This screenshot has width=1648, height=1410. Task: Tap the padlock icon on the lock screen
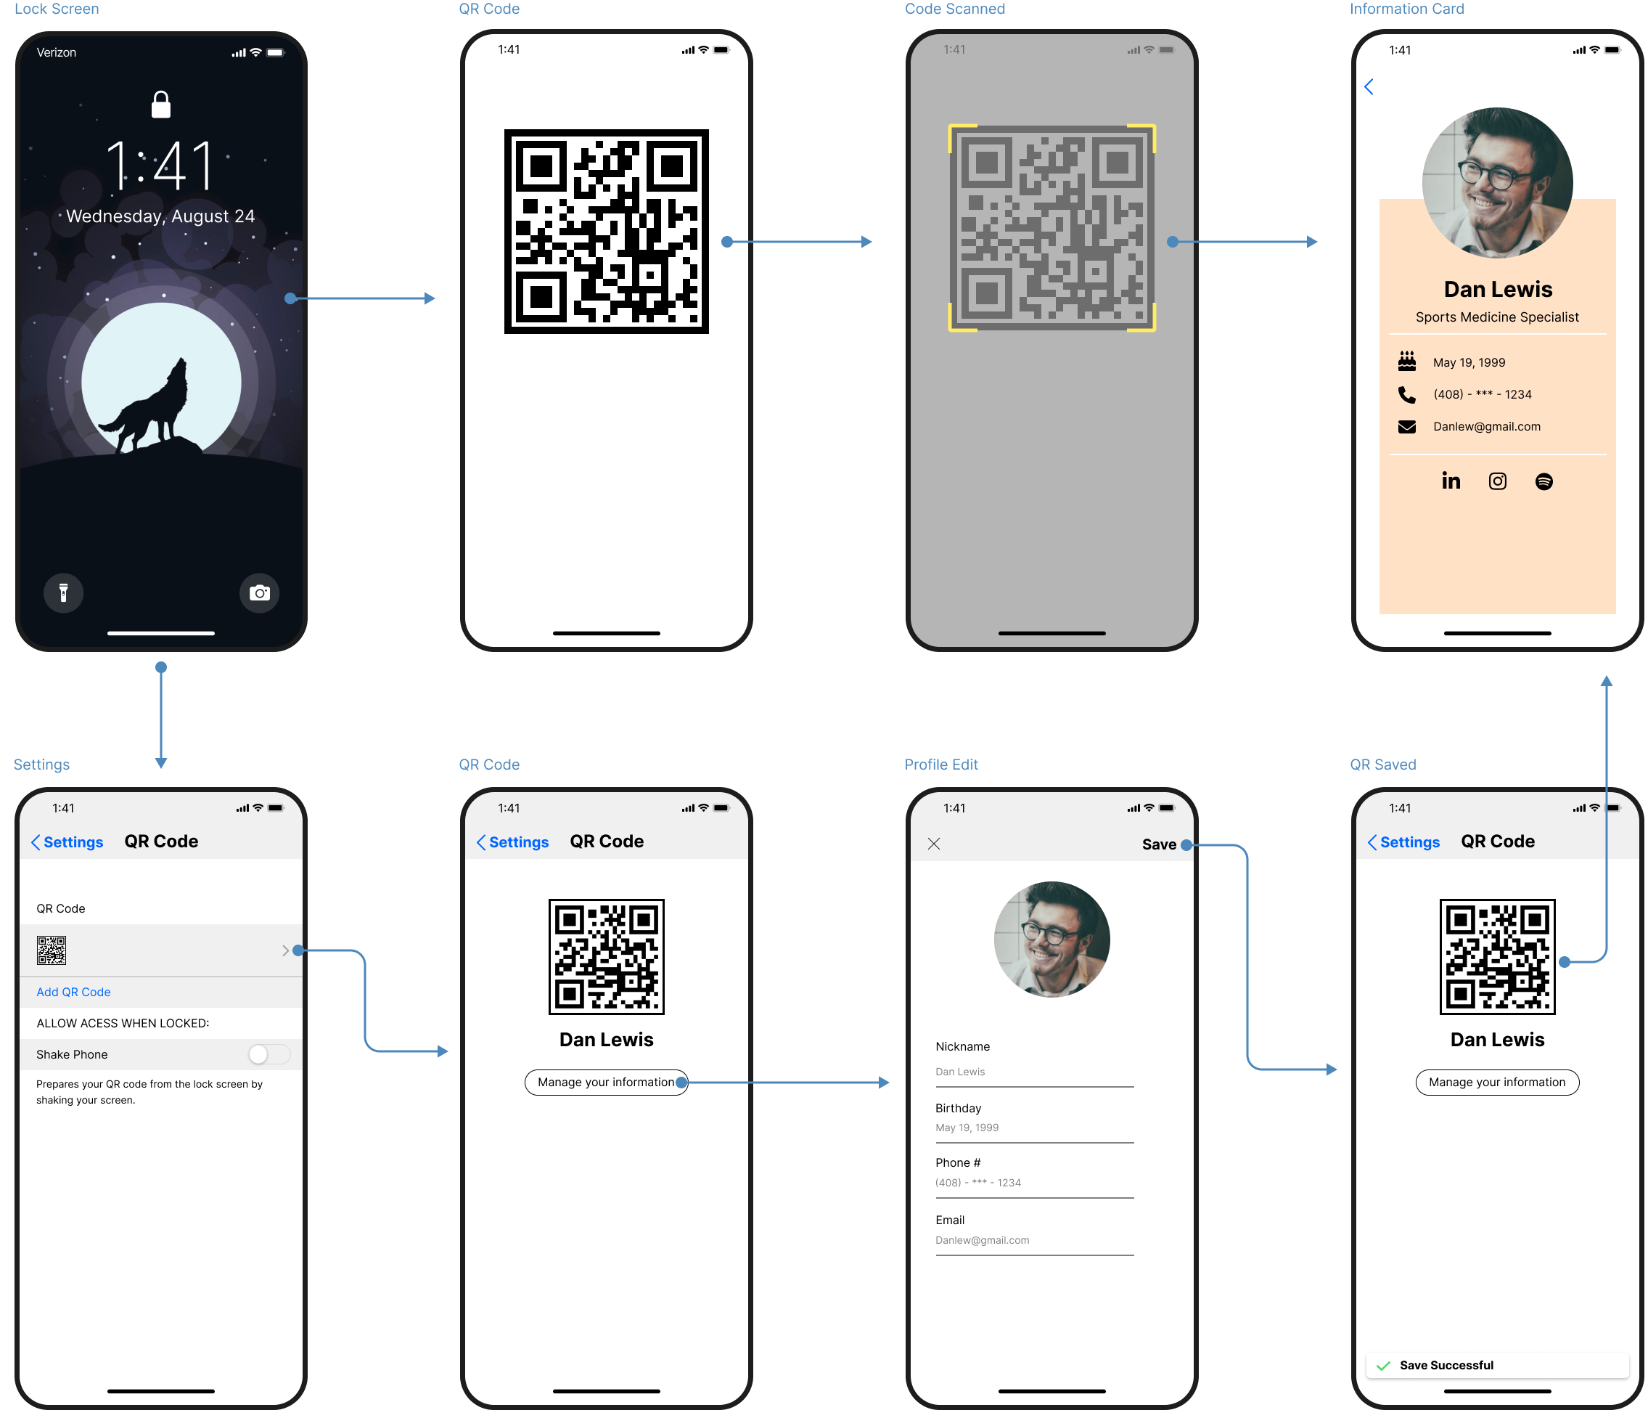pos(160,105)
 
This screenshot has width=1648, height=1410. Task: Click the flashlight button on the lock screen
pos(64,592)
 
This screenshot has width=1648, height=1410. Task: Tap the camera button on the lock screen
pos(259,592)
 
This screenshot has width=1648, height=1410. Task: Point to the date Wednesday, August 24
pos(160,216)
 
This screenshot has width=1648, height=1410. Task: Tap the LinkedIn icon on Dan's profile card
pos(1451,481)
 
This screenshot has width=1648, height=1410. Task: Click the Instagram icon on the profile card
pos(1497,481)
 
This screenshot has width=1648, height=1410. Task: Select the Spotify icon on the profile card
pos(1543,481)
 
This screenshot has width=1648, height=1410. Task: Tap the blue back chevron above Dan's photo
pos(1369,86)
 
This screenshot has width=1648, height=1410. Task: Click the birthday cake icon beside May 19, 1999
pos(1406,362)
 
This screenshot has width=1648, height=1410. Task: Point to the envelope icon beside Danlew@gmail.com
pos(1406,426)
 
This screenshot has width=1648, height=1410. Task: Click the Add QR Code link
pos(73,993)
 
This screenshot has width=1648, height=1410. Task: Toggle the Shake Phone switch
pos(268,1054)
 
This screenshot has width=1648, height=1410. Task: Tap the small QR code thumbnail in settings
pos(52,950)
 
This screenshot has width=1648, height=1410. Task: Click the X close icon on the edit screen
pos(934,844)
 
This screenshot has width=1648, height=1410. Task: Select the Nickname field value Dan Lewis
pos(960,1072)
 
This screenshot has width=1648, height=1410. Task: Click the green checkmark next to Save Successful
pos(1383,1366)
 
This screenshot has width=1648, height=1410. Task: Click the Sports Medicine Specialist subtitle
pos(1497,317)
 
